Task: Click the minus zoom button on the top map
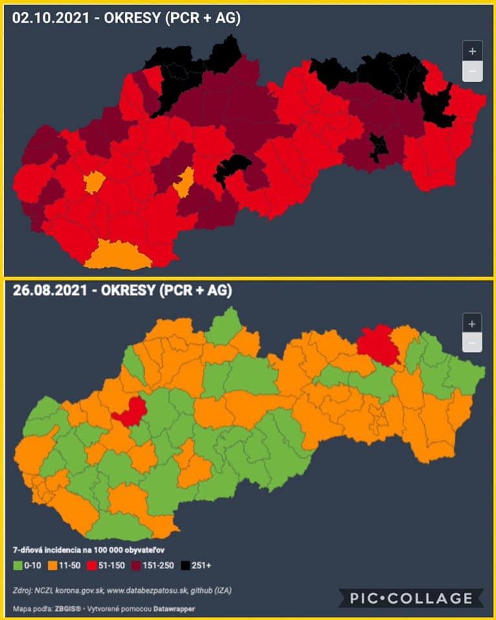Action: coord(472,71)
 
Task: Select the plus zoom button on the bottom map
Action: coord(472,324)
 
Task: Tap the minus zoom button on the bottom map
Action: coord(472,344)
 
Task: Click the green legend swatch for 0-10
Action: coord(19,565)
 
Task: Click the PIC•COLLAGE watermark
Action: coord(411,599)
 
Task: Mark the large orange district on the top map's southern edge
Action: coord(117,255)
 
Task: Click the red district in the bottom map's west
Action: coord(132,412)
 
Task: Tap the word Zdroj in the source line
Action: coord(23,590)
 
